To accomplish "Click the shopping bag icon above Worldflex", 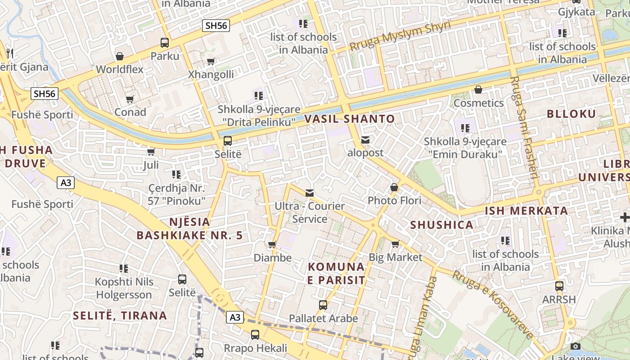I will click(120, 56).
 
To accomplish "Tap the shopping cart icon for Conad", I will click(130, 99).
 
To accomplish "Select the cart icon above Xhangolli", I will click(211, 61).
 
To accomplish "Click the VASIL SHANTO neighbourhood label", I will click(350, 119).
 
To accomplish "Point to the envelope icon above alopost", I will click(365, 140).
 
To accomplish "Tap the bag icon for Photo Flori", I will click(394, 187).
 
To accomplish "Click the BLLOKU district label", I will click(571, 114).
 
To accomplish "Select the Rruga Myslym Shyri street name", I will click(400, 36).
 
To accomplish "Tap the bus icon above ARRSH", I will click(559, 286).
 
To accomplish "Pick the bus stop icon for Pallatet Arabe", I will click(323, 305).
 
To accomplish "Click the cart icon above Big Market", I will click(395, 244).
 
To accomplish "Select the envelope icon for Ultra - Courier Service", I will click(310, 193).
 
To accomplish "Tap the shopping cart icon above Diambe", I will click(272, 245).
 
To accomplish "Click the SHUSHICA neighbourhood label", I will click(441, 225).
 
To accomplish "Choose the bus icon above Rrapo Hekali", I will click(255, 335).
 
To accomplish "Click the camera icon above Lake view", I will click(575, 346).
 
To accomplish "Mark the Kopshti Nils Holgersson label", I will click(124, 288).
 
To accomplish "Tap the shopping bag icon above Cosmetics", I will click(478, 90).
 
